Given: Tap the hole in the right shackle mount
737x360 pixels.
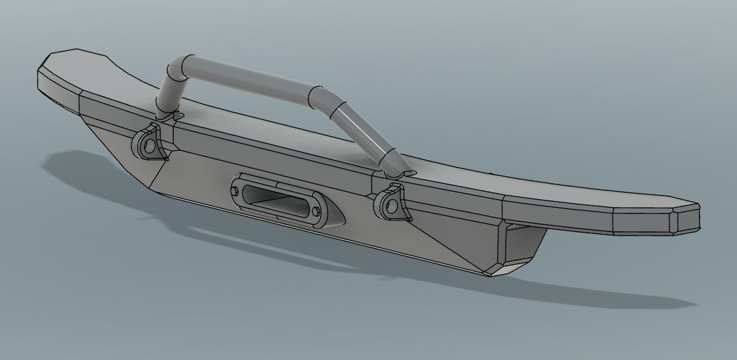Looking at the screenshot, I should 390,205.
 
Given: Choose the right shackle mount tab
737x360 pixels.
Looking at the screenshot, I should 391,202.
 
